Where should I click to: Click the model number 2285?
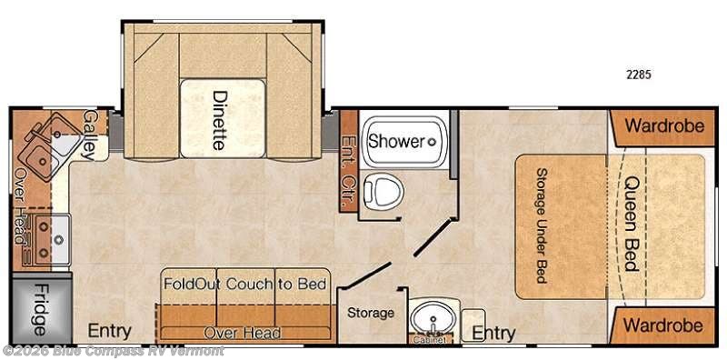[639, 75]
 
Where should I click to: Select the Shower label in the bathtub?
[396, 142]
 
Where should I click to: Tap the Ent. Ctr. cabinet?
[347, 161]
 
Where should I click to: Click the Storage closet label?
[371, 313]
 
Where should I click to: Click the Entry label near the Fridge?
[109, 331]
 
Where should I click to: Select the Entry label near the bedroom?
[493, 334]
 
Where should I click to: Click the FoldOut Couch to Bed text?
[244, 284]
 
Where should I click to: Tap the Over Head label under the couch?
[242, 333]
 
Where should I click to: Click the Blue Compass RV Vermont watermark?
[115, 351]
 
